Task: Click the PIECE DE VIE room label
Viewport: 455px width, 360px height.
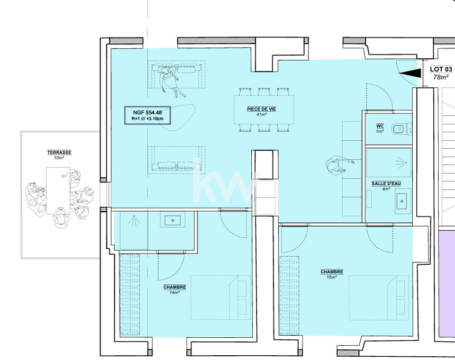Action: click(x=261, y=109)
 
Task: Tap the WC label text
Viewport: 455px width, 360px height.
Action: click(x=380, y=126)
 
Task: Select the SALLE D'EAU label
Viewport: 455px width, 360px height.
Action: click(x=386, y=184)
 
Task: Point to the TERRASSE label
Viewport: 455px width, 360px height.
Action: click(x=59, y=152)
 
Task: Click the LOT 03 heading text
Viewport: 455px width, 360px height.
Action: click(x=441, y=69)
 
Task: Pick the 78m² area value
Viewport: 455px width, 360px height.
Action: click(x=441, y=77)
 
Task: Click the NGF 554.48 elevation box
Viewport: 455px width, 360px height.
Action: click(x=148, y=115)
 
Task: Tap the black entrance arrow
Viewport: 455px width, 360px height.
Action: click(x=411, y=73)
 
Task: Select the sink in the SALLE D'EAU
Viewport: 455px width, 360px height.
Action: click(x=403, y=201)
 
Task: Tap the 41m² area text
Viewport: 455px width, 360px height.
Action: click(x=261, y=115)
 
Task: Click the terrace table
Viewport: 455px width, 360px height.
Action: click(x=58, y=191)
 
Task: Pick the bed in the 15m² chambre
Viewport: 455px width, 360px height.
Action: click(x=379, y=298)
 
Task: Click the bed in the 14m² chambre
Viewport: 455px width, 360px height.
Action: click(x=221, y=298)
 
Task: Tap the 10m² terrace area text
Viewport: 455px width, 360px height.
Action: click(x=59, y=158)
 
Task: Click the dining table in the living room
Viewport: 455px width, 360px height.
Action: click(x=264, y=110)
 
